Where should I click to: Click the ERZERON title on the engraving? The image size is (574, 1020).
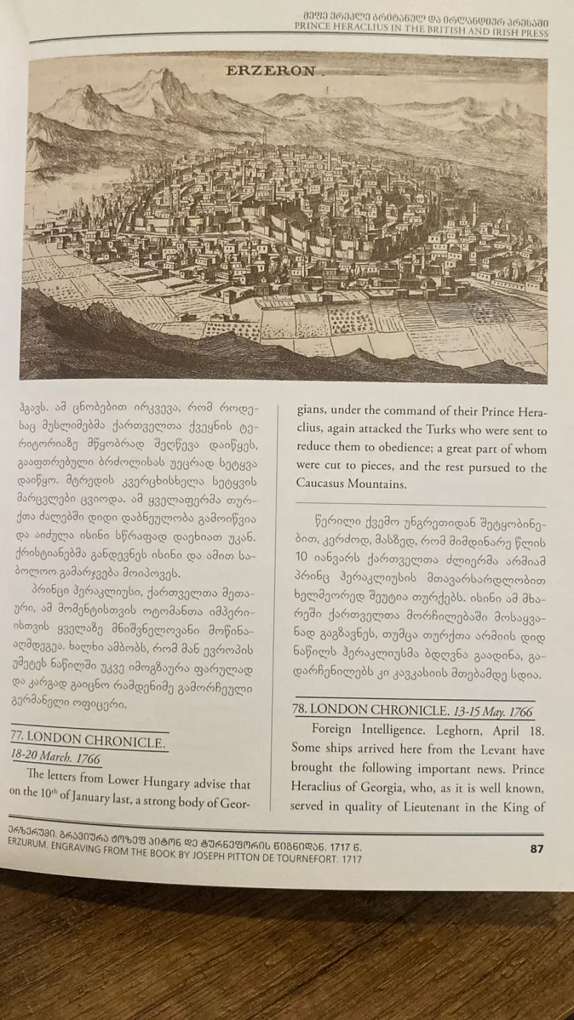270,70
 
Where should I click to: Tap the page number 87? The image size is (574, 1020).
537,849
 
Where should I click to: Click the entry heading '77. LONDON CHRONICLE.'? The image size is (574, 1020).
88,740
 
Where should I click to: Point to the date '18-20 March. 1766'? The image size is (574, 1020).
55,757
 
